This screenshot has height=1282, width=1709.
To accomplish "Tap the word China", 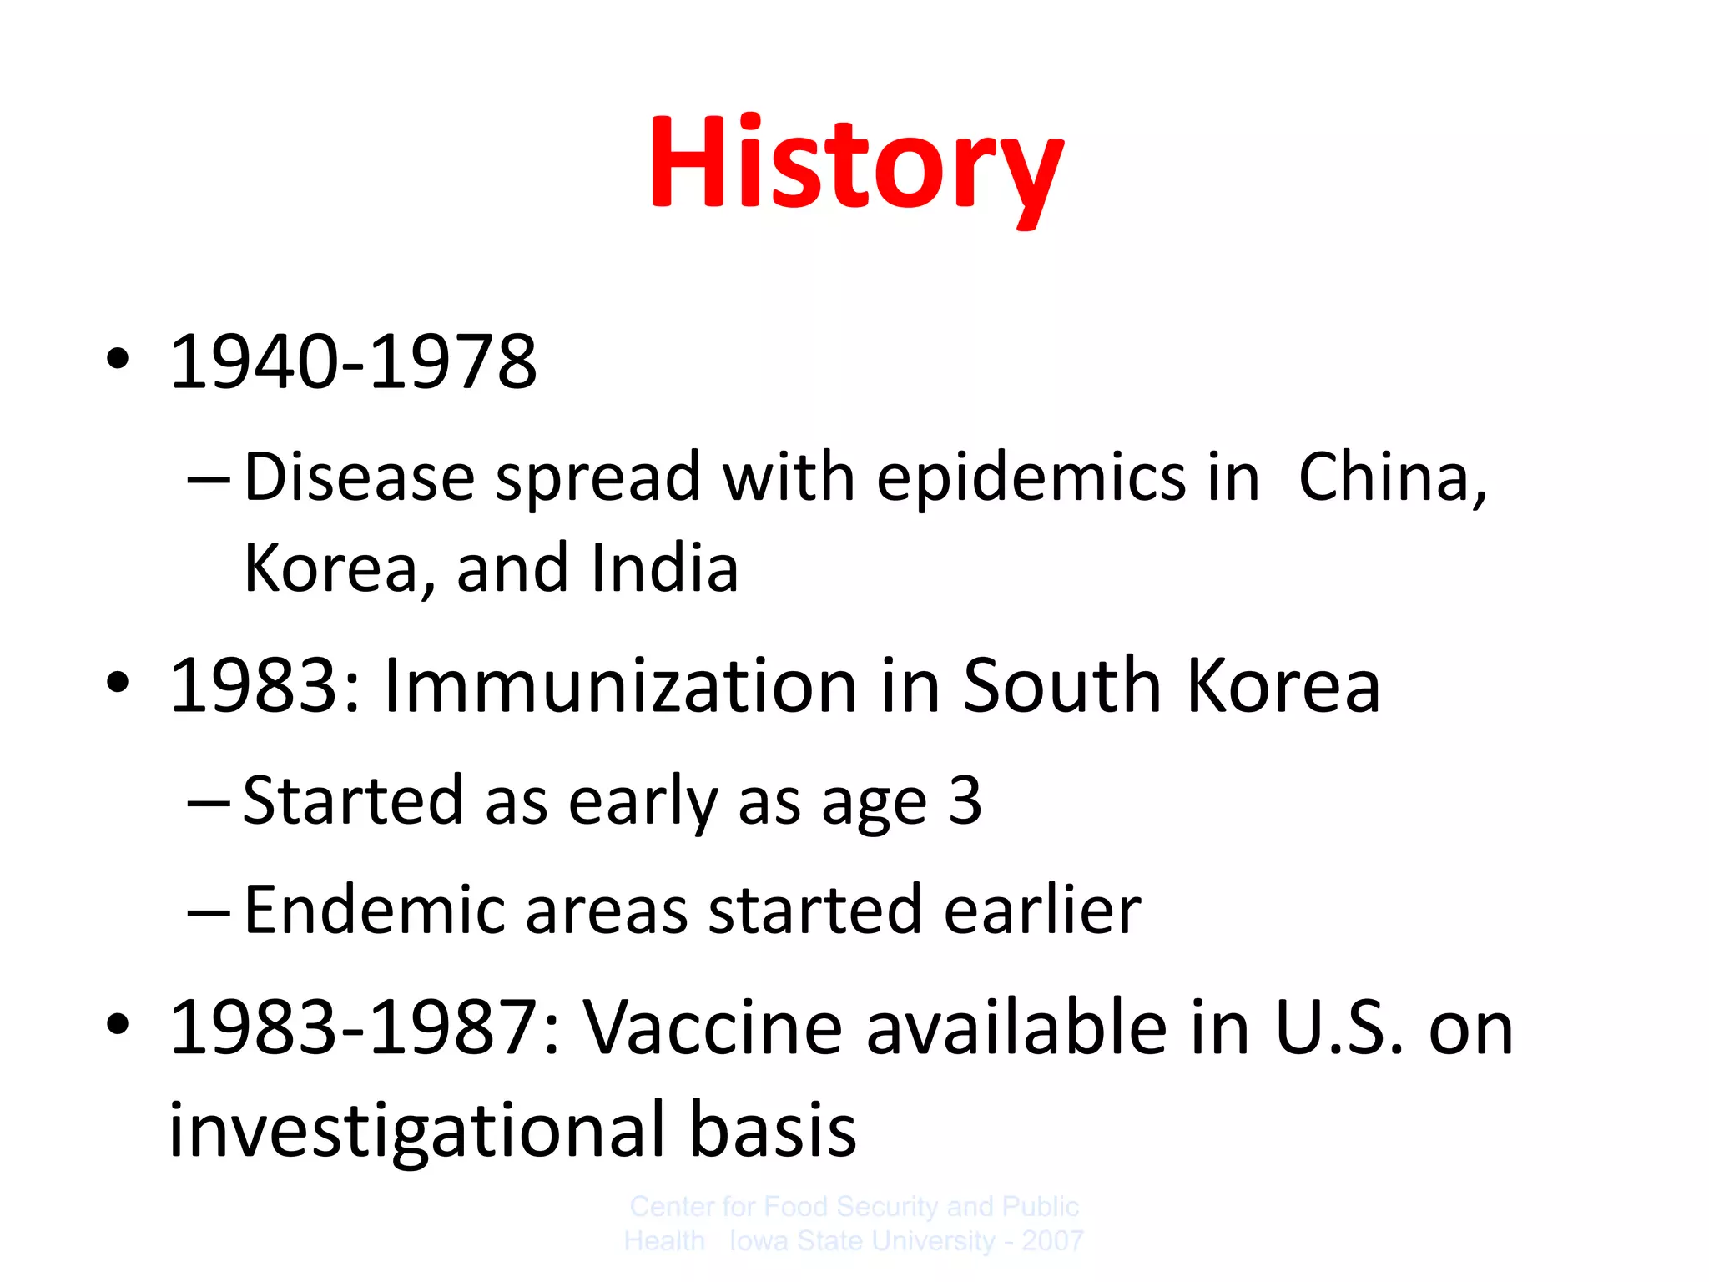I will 1391,477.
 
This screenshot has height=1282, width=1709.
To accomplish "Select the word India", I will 664,568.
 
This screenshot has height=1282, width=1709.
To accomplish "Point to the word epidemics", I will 1031,477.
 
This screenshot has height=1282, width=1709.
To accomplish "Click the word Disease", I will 360,477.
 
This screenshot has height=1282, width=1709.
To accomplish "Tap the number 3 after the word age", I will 965,800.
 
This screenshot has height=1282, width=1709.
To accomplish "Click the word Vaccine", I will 713,1028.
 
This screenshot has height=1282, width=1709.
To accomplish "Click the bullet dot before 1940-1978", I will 118,360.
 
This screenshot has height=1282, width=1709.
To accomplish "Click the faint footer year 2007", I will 1052,1241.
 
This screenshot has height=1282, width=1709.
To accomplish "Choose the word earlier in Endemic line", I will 1042,910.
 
